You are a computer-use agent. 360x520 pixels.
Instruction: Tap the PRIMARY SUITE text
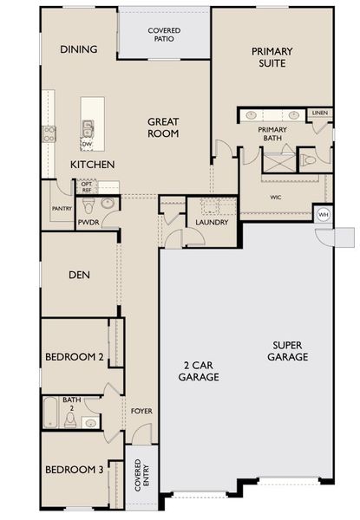coord(272,58)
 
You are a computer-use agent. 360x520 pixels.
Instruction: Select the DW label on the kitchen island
coord(87,144)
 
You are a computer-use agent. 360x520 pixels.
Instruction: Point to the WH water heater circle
coord(324,214)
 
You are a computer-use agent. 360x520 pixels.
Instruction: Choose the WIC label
coord(275,197)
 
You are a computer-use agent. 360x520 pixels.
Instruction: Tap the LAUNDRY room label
coord(212,223)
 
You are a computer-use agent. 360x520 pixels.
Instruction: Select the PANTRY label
coord(61,208)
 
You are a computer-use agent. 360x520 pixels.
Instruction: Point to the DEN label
coord(81,276)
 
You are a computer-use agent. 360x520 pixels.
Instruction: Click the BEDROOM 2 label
coord(75,356)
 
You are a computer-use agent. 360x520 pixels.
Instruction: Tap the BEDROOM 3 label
coord(75,469)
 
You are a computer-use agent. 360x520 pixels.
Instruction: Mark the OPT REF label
coord(86,186)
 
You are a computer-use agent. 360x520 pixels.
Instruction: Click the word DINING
coord(78,49)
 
